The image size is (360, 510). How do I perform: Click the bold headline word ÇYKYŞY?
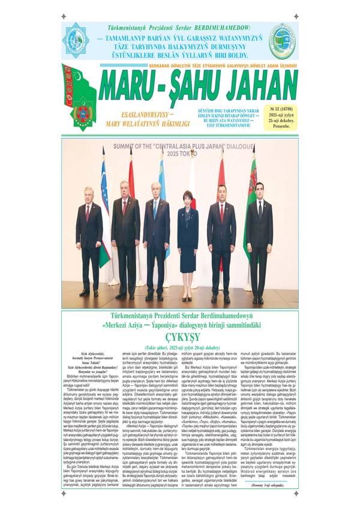click(179, 337)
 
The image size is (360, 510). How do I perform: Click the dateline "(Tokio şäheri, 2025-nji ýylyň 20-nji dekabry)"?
click(179, 347)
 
